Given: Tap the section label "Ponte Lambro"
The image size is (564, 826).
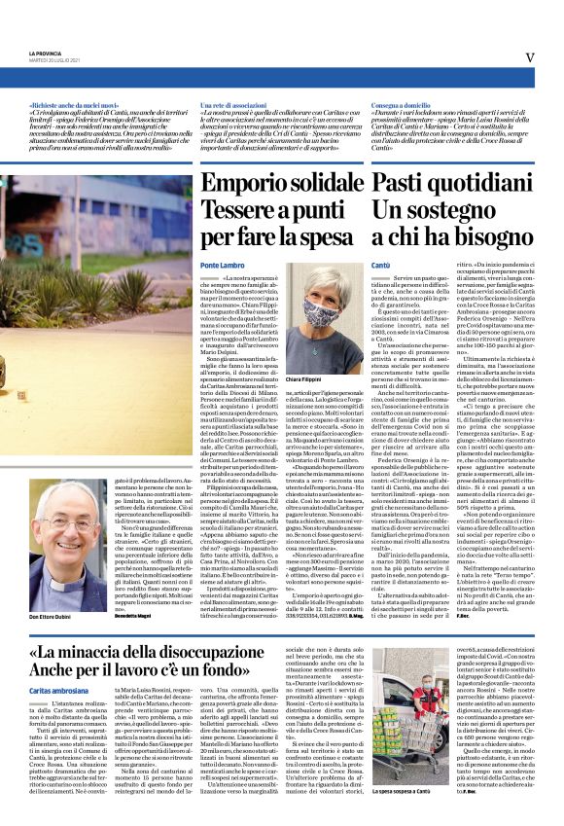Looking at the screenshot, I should [x=222, y=265].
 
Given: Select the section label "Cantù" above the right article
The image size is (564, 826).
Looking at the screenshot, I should [x=381, y=265].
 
